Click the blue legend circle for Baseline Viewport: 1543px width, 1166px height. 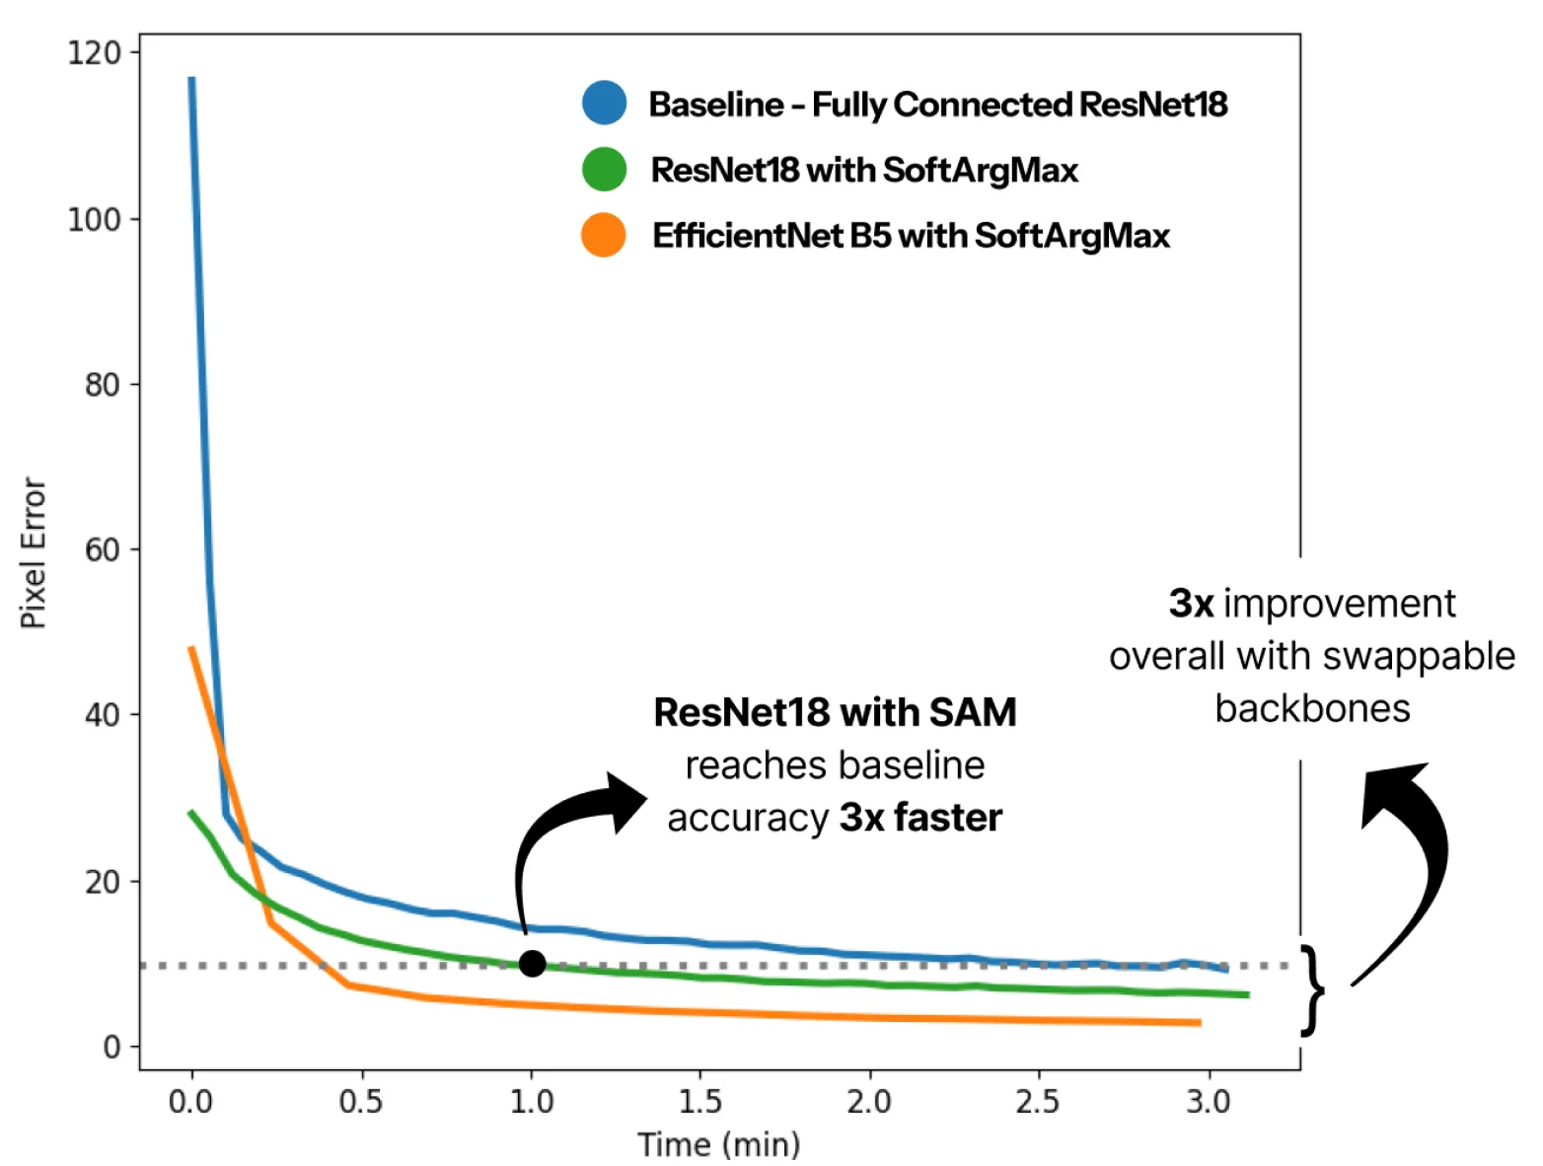click(604, 103)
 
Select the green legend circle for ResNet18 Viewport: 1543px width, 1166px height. click(604, 170)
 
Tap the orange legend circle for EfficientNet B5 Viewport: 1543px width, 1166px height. click(604, 236)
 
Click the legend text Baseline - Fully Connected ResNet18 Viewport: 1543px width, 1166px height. click(937, 104)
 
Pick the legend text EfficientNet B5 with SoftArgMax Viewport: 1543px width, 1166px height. click(911, 236)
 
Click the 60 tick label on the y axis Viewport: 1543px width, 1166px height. click(102, 549)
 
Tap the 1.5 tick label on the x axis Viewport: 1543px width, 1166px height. click(699, 1101)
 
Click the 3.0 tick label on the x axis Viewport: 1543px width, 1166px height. click(1208, 1101)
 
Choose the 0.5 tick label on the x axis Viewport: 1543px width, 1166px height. click(361, 1101)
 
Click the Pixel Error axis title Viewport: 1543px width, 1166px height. click(34, 553)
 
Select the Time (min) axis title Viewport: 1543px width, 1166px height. click(718, 1144)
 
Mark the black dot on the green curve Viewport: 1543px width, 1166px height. click(532, 964)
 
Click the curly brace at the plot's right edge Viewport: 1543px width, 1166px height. click(1311, 989)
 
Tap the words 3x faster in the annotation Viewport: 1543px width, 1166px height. click(920, 818)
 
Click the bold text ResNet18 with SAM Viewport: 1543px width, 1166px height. click(835, 712)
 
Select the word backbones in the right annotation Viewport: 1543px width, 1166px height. click(1312, 708)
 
